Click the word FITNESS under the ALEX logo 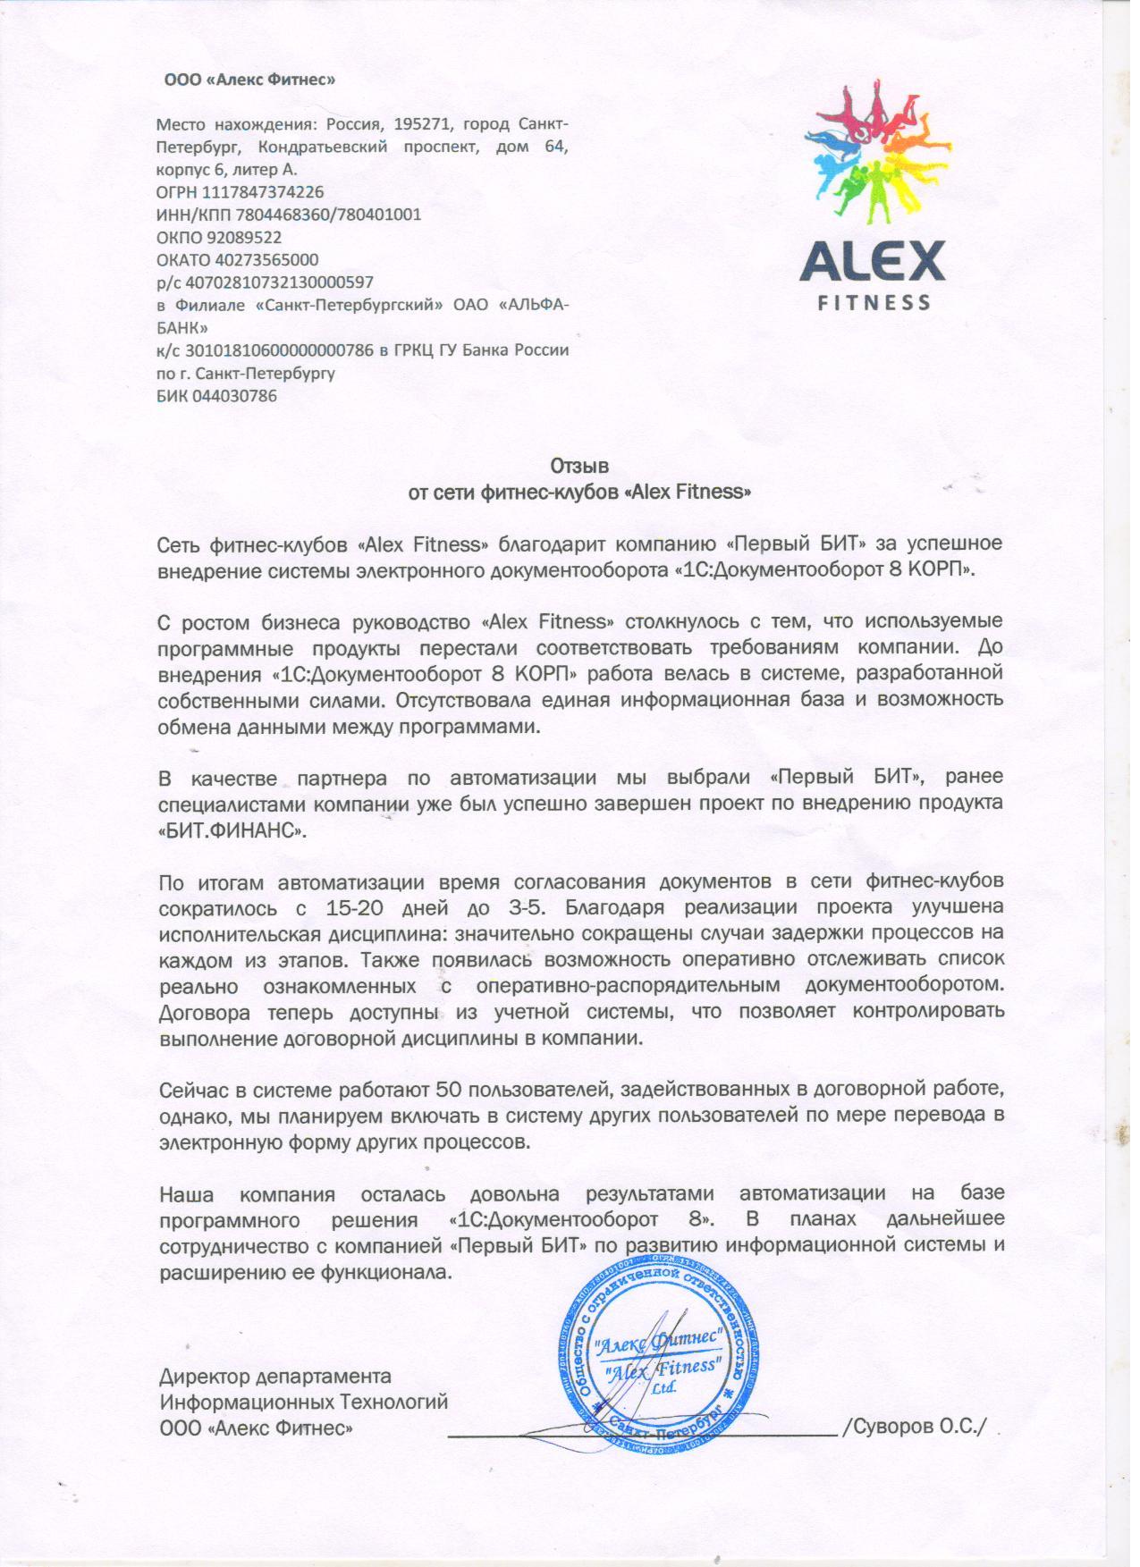click(874, 302)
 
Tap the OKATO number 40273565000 click(266, 260)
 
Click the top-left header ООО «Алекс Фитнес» click(249, 80)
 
